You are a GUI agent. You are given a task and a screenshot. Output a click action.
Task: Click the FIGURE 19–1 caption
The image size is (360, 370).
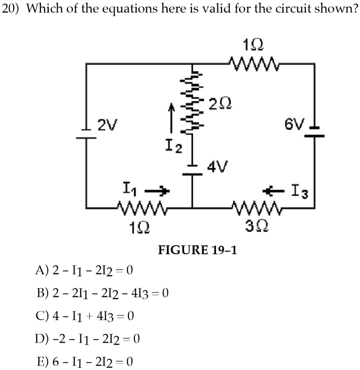pyautogui.click(x=197, y=249)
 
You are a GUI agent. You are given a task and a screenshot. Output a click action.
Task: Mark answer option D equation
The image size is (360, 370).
pyautogui.click(x=88, y=339)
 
